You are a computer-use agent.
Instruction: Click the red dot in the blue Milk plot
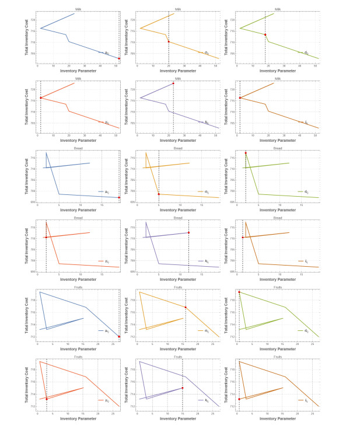point(119,58)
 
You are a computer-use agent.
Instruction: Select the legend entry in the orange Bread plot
point(204,191)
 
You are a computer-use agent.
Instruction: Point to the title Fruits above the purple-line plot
point(178,357)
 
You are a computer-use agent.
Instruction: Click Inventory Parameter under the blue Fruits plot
point(79,348)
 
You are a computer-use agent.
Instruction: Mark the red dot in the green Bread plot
point(246,154)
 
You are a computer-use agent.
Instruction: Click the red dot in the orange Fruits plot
point(186,308)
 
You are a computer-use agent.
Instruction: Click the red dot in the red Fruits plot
point(47,399)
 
